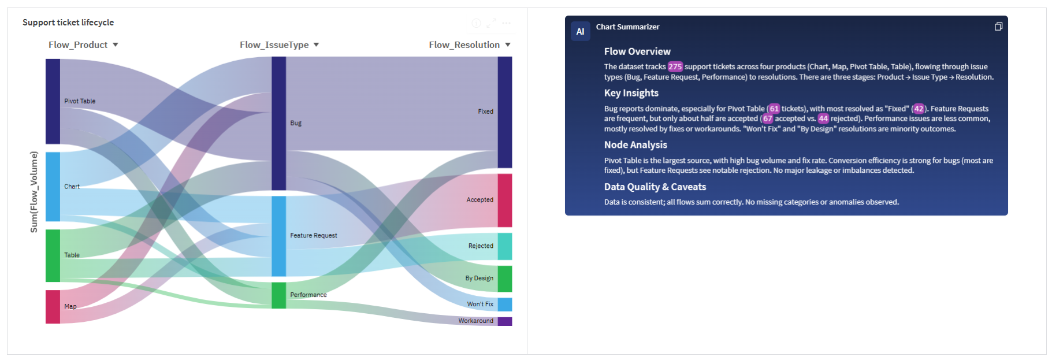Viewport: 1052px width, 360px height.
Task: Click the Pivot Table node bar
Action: [x=53, y=101]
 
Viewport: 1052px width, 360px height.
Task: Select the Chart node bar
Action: [x=53, y=187]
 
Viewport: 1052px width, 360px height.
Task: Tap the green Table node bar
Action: [x=53, y=255]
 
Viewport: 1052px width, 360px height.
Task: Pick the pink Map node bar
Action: [x=53, y=307]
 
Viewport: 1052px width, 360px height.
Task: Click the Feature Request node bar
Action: [x=278, y=236]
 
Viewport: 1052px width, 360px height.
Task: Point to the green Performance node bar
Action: [x=278, y=295]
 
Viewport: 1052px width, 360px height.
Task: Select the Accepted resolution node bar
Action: [x=505, y=201]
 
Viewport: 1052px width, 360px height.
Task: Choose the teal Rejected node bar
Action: [x=505, y=246]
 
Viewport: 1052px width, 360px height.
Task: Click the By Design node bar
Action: [x=505, y=279]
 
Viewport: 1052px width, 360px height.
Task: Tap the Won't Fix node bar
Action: [x=505, y=305]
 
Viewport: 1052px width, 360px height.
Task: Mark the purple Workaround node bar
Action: [x=505, y=321]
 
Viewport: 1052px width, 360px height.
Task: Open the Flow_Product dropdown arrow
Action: [x=116, y=44]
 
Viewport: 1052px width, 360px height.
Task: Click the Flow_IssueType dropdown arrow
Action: [x=316, y=44]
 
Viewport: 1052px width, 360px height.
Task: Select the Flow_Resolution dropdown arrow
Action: [x=508, y=44]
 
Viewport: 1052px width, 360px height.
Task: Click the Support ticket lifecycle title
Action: [x=68, y=23]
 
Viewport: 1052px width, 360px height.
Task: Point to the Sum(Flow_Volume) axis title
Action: [x=34, y=192]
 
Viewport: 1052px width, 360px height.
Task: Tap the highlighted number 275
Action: [x=675, y=66]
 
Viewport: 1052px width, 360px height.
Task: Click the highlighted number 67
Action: [x=767, y=118]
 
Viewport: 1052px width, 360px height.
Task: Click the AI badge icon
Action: [x=581, y=31]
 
